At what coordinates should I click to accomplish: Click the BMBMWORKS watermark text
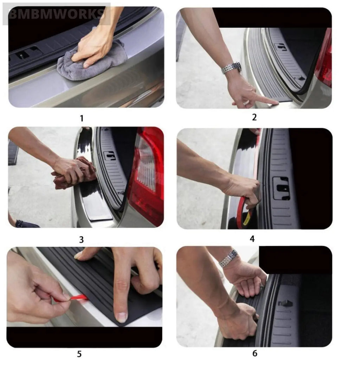(56, 14)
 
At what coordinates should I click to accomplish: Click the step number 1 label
(82, 118)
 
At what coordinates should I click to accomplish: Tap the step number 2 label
(254, 117)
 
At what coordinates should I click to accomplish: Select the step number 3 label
(81, 240)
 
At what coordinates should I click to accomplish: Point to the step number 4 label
(252, 239)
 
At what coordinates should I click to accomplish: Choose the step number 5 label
(79, 354)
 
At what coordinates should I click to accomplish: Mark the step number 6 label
(255, 353)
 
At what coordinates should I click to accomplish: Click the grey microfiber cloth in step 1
(91, 63)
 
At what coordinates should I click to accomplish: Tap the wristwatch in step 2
(231, 68)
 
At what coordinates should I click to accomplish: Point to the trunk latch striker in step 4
(281, 188)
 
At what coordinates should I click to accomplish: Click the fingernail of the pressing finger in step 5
(122, 317)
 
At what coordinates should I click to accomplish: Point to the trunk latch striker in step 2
(281, 47)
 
